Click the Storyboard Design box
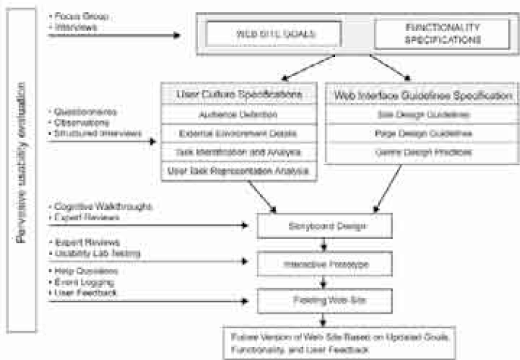(324, 225)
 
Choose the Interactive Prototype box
(324, 264)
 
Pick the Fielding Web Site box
(324, 301)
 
